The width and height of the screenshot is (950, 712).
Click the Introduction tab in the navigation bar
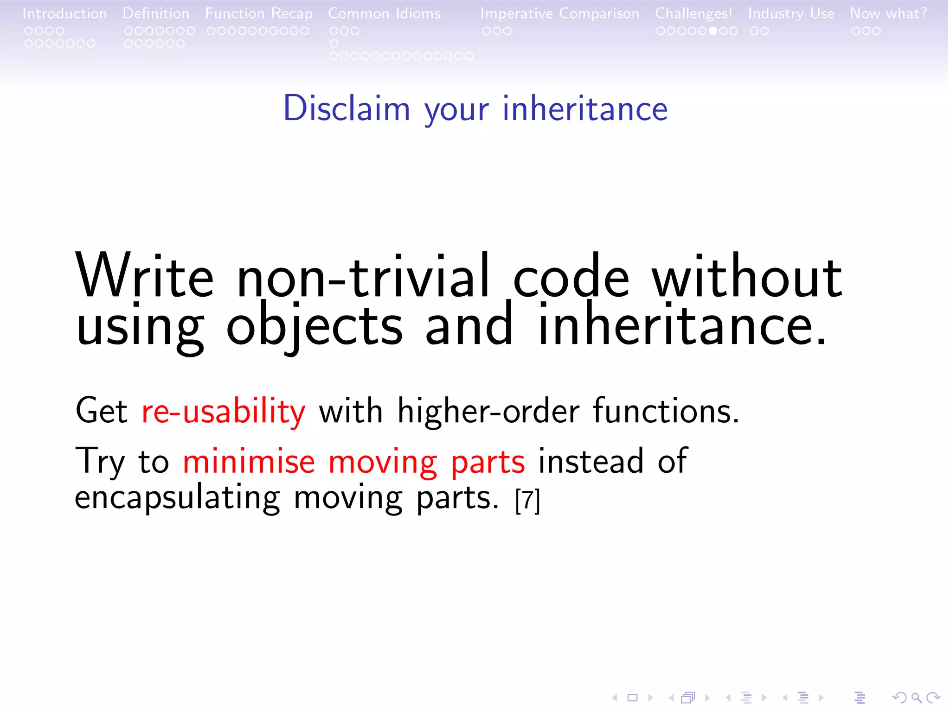click(x=64, y=13)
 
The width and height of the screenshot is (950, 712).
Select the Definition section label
click(x=156, y=13)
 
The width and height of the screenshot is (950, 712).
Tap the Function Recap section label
click(x=259, y=13)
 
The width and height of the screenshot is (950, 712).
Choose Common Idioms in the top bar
click(x=384, y=13)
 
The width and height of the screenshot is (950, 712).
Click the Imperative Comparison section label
click(x=559, y=13)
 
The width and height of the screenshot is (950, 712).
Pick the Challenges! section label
click(x=693, y=13)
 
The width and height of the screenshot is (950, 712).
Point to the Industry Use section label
click(x=791, y=13)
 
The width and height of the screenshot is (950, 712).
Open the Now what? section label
click(x=888, y=13)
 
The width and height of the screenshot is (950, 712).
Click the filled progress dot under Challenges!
click(x=713, y=31)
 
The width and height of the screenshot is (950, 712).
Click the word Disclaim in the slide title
click(x=347, y=108)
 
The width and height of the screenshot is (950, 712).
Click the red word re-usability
click(x=223, y=411)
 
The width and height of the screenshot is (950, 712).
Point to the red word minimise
click(x=249, y=462)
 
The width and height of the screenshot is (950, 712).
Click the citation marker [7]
click(x=527, y=501)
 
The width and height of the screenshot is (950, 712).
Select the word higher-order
click(x=488, y=411)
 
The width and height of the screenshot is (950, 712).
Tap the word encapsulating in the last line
click(x=177, y=498)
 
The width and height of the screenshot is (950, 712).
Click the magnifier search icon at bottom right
click(x=916, y=697)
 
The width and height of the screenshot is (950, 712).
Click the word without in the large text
click(x=747, y=278)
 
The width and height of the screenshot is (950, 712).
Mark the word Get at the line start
click(x=101, y=411)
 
